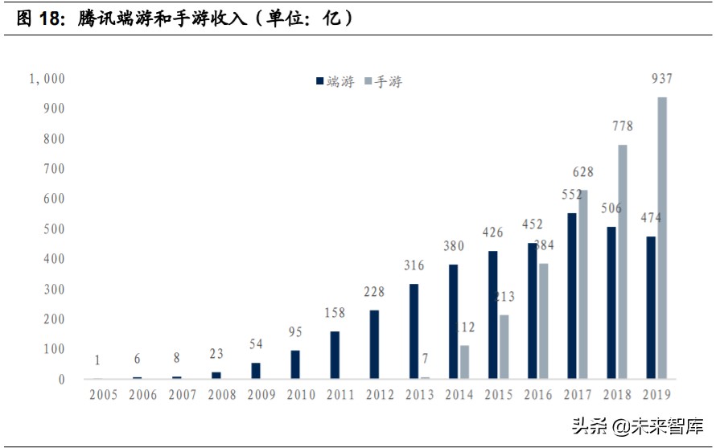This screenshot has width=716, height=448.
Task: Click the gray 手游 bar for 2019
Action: coord(662,238)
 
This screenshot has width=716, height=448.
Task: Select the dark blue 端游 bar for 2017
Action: coord(571,296)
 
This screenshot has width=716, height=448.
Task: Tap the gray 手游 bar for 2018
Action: coord(623,262)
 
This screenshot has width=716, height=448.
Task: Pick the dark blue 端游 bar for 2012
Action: coord(374,344)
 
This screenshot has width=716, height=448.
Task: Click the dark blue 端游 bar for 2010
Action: coord(295,364)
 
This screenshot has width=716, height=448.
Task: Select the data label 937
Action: coord(661,79)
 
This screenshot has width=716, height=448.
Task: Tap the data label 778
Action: coord(622,126)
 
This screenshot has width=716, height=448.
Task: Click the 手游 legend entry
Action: coord(384,81)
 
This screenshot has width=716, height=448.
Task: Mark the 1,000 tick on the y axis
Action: coord(47,79)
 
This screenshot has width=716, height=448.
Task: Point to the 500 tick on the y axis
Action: coord(53,229)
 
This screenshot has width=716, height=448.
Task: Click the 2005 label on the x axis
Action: coord(103,395)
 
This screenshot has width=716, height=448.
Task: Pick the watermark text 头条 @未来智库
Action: coord(637,425)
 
